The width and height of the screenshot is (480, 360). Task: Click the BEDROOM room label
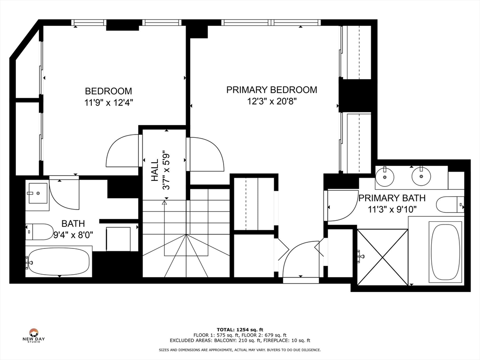click(108, 91)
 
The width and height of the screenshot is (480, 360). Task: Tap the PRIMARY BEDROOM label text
click(271, 90)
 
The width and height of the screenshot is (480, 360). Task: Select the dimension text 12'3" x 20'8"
click(271, 101)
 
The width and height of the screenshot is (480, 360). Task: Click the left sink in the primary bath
click(385, 176)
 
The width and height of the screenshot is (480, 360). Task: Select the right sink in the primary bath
click(421, 176)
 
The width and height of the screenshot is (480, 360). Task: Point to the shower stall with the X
click(382, 256)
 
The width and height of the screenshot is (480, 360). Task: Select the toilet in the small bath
click(39, 231)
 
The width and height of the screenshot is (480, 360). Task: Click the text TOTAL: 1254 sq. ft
click(240, 330)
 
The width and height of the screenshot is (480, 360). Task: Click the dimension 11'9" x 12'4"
click(108, 103)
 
